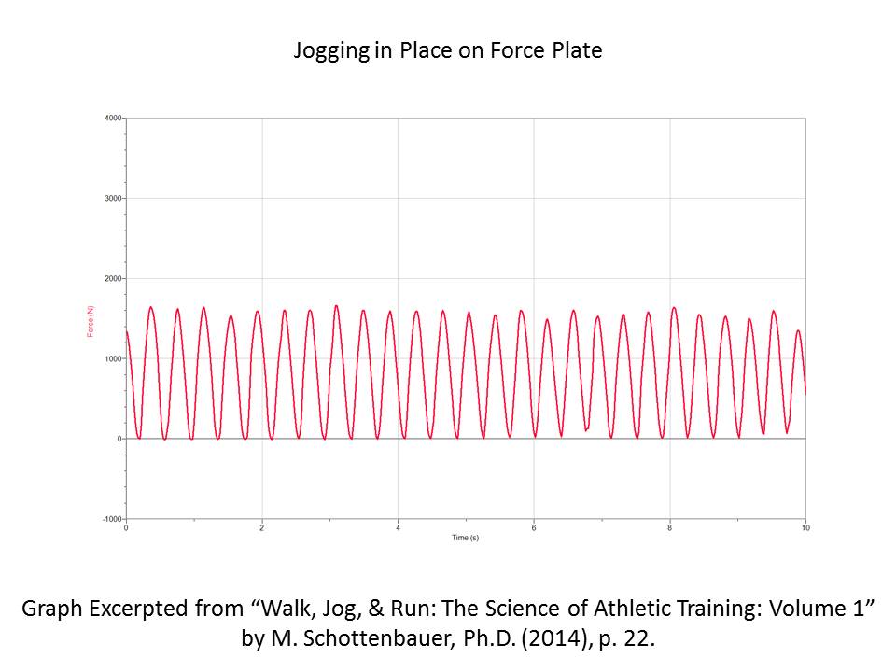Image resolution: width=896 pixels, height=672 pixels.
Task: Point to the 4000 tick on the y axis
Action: [113, 119]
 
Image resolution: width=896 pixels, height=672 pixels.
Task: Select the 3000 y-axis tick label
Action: [113, 199]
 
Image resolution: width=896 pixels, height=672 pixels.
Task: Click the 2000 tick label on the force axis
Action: [113, 279]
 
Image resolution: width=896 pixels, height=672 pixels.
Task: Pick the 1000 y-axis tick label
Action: [113, 359]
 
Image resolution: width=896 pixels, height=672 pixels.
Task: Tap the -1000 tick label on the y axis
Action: [112, 519]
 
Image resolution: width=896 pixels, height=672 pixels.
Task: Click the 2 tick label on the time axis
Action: [262, 528]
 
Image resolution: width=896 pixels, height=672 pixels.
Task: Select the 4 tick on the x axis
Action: [399, 528]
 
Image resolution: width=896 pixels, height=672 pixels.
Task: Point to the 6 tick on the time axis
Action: [534, 528]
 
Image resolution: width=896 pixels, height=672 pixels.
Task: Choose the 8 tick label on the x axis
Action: [670, 528]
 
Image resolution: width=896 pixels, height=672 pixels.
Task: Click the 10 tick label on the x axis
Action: [805, 528]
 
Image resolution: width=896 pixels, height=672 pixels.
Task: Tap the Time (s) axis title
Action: [465, 539]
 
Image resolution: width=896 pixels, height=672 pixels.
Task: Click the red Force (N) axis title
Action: [91, 318]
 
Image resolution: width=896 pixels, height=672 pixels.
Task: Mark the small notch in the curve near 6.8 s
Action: [587, 428]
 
